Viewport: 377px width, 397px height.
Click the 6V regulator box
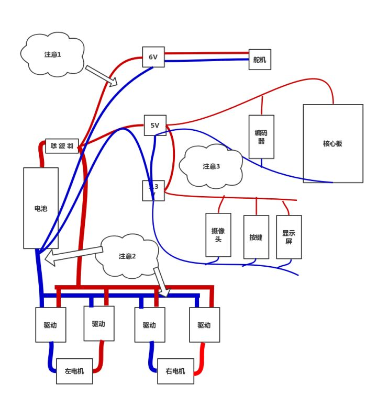coord(153,57)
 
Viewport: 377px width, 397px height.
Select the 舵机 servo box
coord(259,60)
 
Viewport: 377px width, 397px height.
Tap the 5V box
coord(155,126)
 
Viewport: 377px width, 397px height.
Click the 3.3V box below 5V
coord(153,190)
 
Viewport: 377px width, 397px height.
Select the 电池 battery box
coord(41,208)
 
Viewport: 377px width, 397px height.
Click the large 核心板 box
coord(332,143)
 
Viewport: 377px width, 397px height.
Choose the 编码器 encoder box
coord(261,137)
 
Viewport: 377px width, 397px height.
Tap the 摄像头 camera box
coord(218,235)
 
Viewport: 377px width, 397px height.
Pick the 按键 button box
coord(256,236)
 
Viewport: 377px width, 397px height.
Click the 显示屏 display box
coord(289,236)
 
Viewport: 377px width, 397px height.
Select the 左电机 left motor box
coord(74,371)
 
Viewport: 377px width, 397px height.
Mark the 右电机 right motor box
coord(175,371)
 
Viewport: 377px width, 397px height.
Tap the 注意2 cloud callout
coord(128,256)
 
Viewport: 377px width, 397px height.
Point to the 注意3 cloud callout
coord(211,166)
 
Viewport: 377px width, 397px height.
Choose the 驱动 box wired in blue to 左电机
coord(51,325)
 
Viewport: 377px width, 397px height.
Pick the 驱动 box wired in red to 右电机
coord(204,325)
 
